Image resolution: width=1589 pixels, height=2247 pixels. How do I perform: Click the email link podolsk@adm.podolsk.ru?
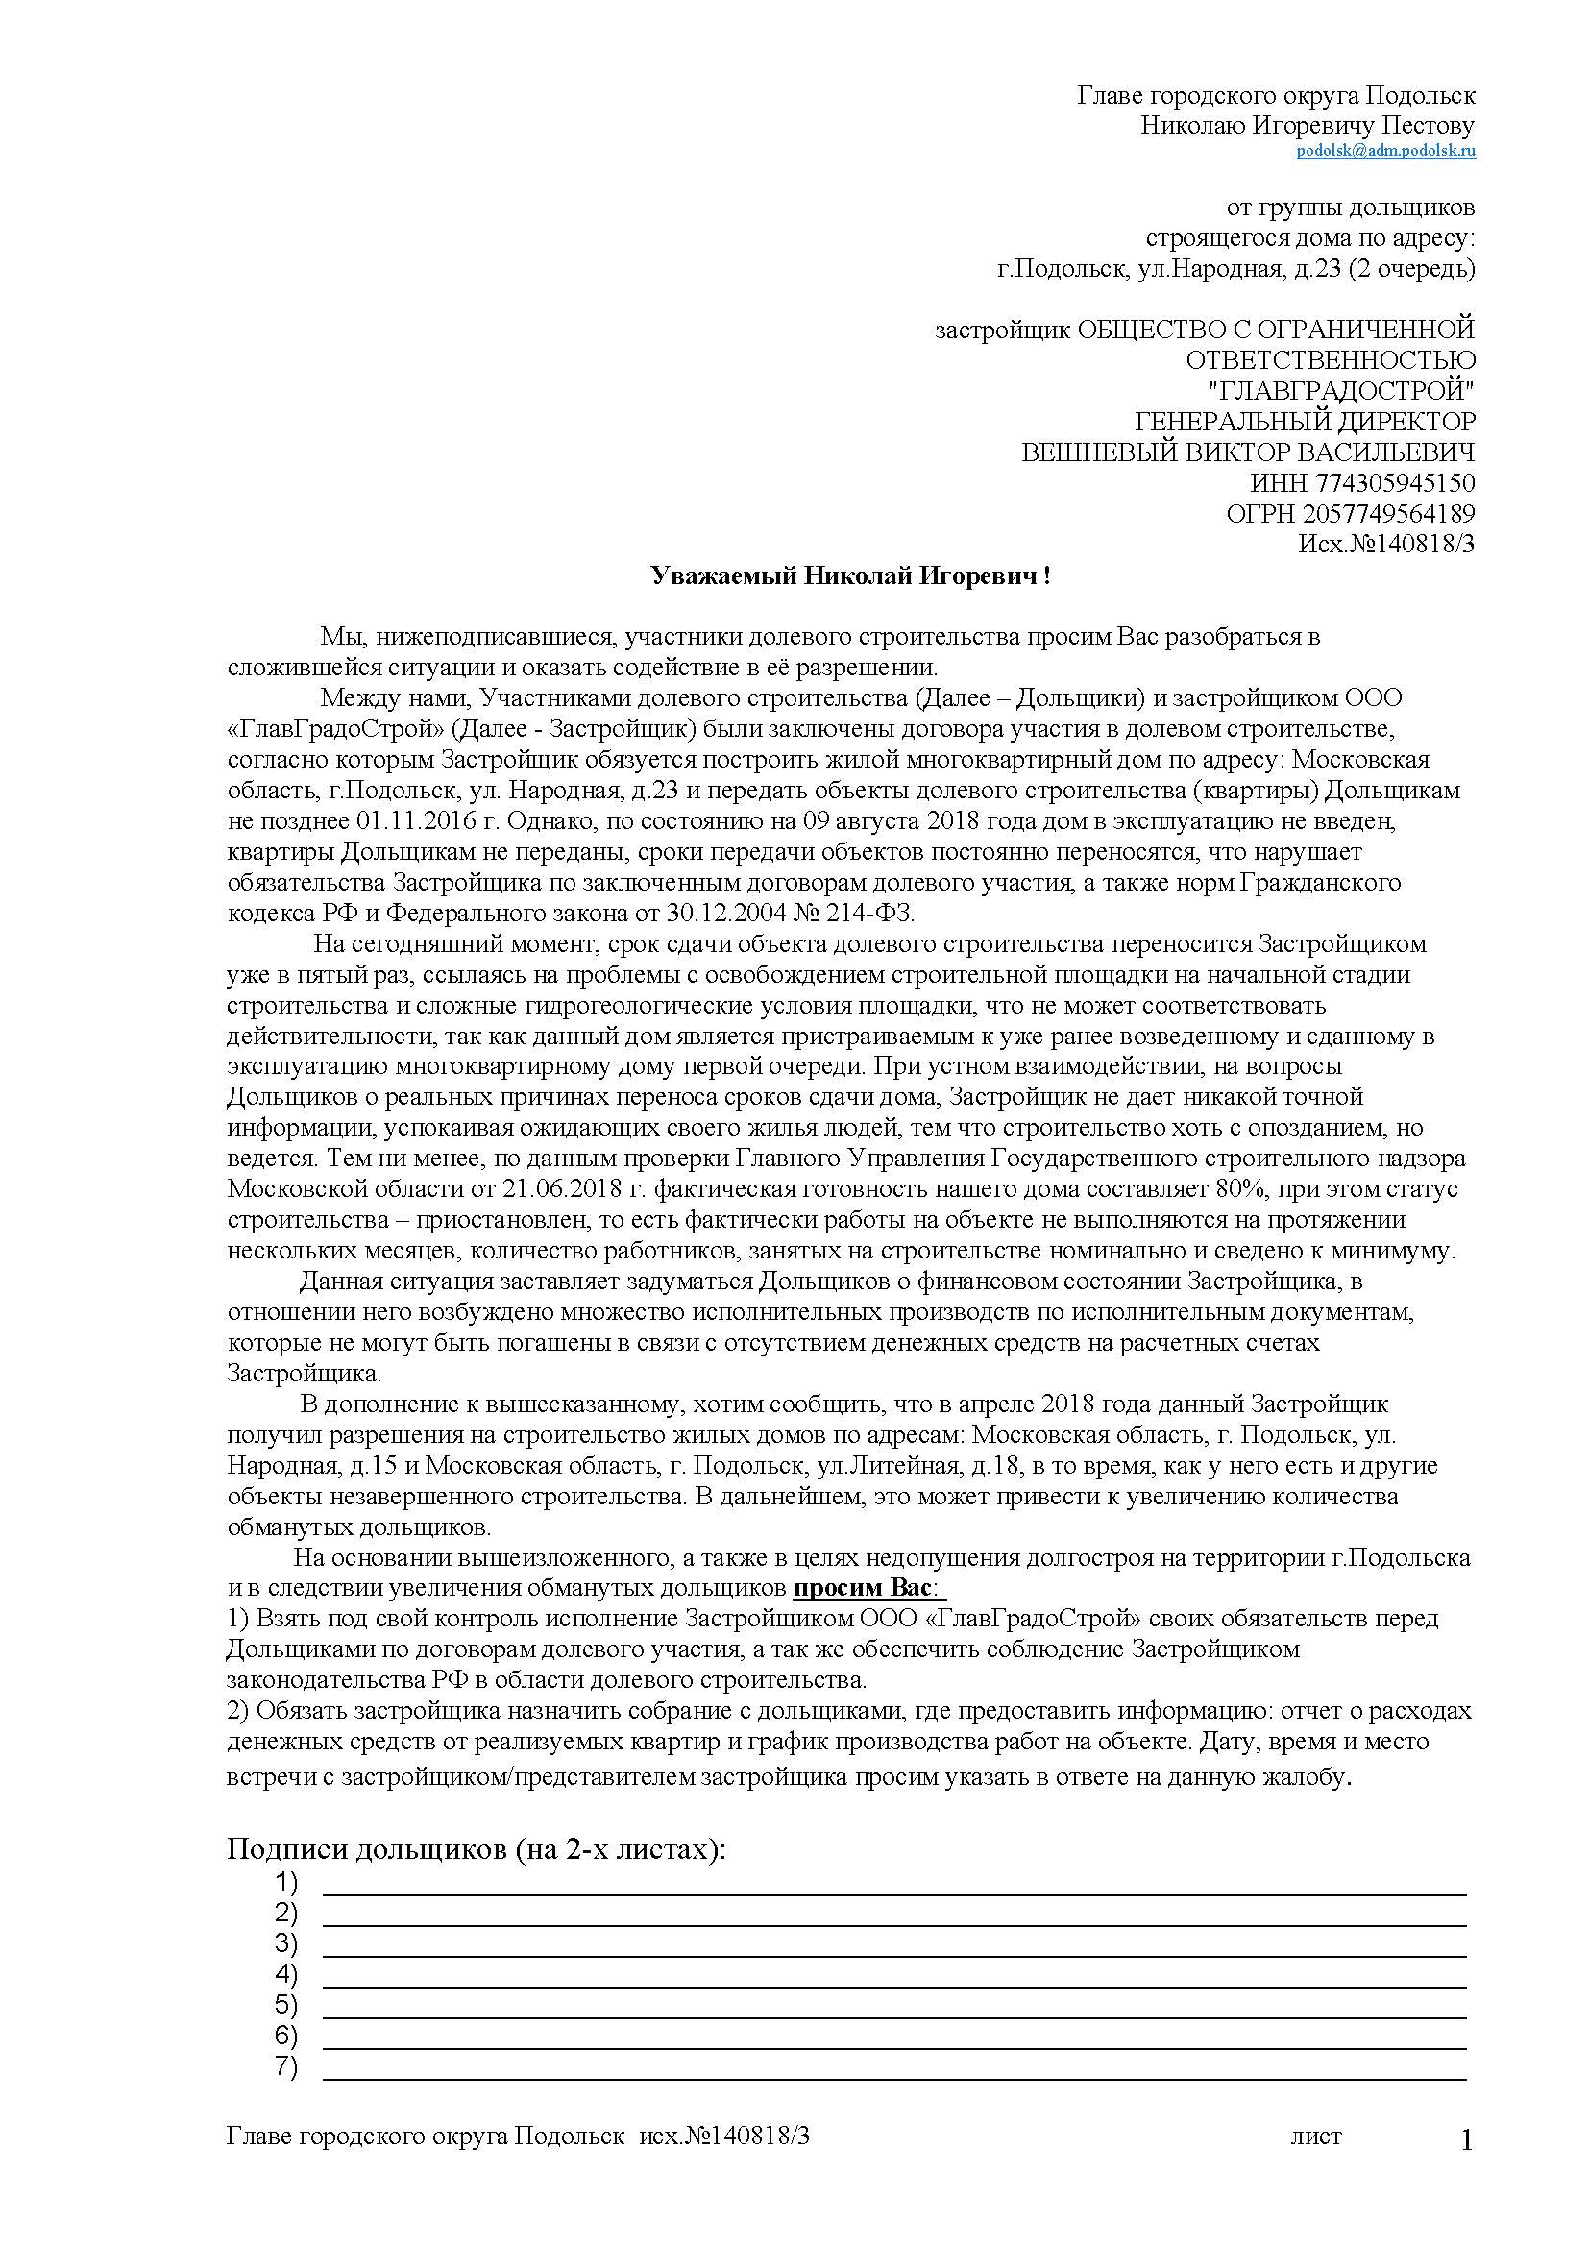click(x=1385, y=151)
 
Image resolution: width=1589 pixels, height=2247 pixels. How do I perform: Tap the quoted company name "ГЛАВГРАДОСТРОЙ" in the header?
click(x=1342, y=391)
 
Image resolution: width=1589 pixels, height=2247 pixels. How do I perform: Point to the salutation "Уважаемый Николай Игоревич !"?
click(x=851, y=576)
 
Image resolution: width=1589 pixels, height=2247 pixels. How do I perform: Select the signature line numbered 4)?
click(x=893, y=1986)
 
